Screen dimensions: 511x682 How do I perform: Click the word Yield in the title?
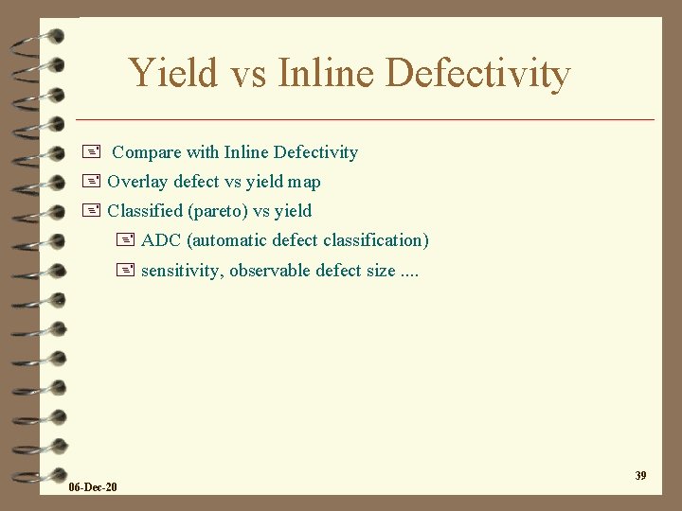172,73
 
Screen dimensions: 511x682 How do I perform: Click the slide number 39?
640,475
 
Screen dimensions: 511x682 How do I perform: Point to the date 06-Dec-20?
94,487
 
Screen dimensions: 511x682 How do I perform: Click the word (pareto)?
217,211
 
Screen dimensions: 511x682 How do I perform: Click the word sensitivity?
182,271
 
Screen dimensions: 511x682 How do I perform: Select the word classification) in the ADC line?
376,240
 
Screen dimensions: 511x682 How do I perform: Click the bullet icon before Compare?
91,152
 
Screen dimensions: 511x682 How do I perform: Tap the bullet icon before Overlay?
91,182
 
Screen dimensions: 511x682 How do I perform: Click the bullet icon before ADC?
125,240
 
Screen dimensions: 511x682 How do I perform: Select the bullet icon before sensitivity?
125,271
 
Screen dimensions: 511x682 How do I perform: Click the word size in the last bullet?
380,271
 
